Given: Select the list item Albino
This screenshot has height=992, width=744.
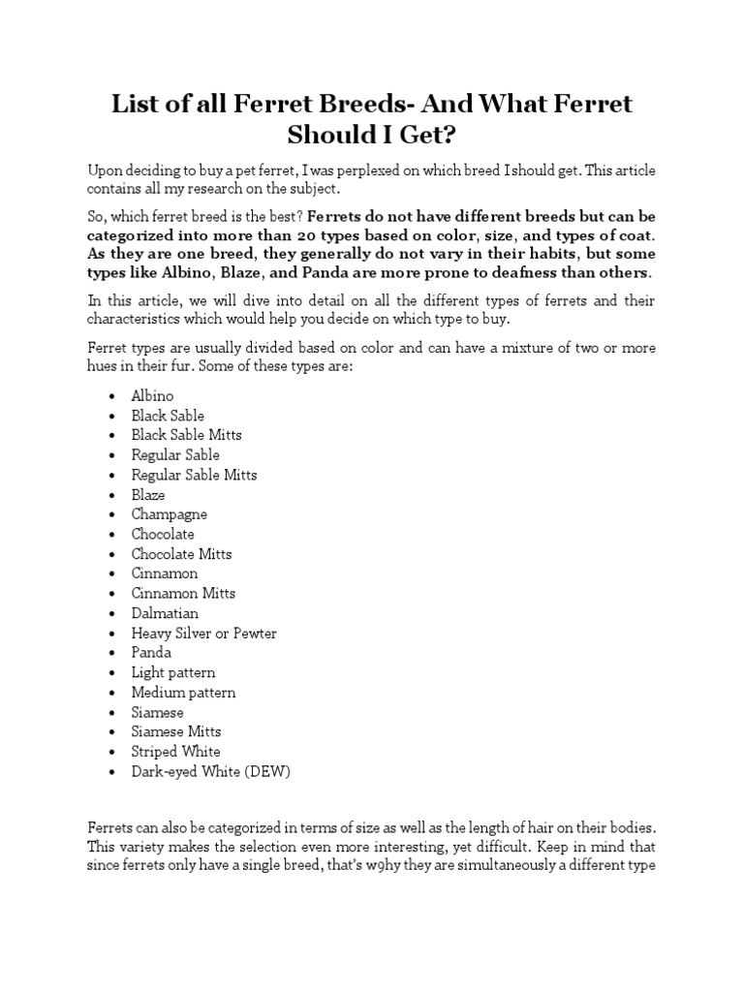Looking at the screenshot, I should tap(153, 396).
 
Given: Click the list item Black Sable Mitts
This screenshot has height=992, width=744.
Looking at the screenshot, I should tap(187, 435).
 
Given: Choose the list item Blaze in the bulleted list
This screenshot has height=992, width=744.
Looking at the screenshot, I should tap(148, 495).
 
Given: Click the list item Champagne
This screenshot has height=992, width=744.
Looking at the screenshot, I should tap(170, 514).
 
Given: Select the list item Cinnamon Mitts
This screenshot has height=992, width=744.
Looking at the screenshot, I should tap(183, 593).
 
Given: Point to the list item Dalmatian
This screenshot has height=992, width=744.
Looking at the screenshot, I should tap(165, 613).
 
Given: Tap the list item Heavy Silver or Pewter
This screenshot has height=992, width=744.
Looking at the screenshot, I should tap(204, 634).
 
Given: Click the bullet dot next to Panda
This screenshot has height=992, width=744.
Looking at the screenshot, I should tap(113, 654).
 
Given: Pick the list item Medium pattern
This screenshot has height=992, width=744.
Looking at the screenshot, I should tap(183, 693).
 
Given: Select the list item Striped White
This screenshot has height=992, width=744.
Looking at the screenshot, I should tap(176, 752).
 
